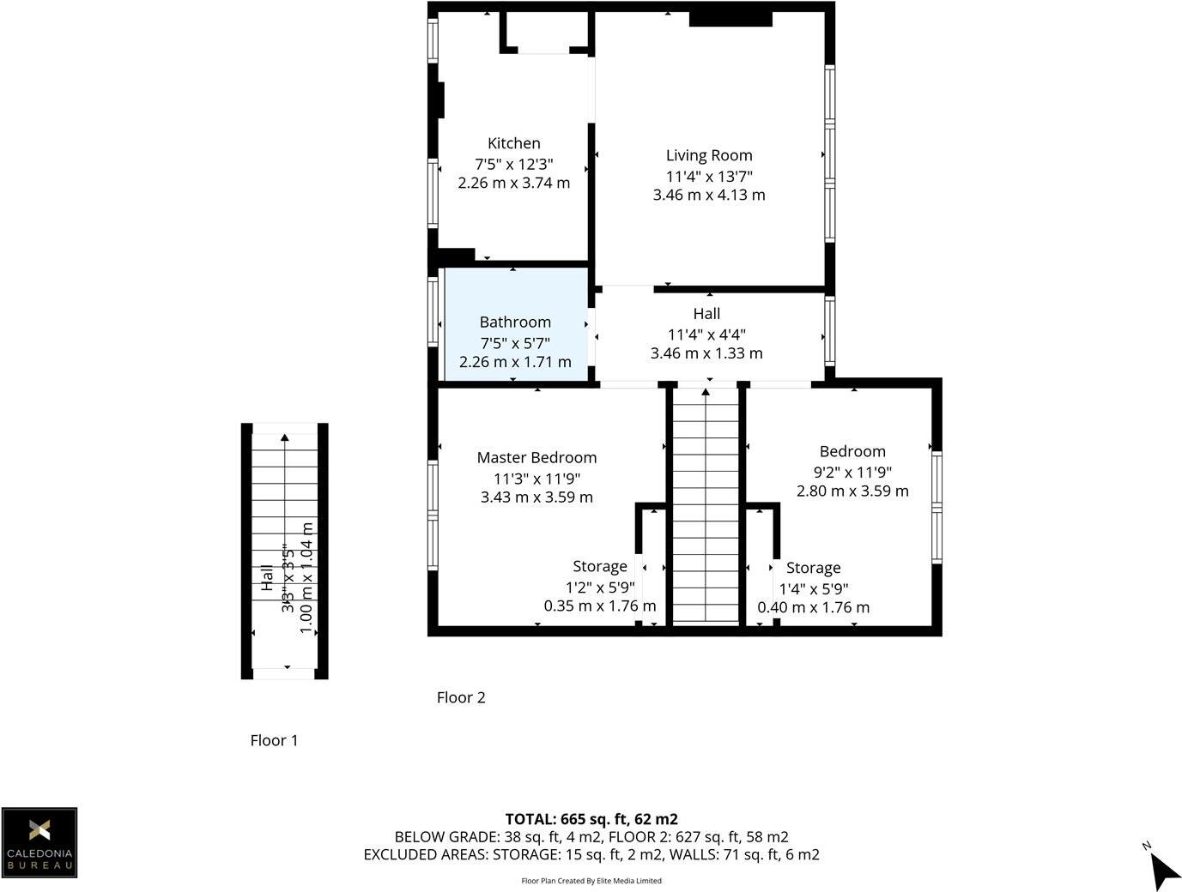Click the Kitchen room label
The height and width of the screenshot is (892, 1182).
click(513, 143)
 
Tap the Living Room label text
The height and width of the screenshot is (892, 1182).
click(709, 155)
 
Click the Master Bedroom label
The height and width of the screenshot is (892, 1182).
click(536, 458)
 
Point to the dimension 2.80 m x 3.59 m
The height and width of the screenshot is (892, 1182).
click(852, 491)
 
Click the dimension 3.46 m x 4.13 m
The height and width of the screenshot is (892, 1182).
click(709, 195)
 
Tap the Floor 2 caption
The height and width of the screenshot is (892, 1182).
click(461, 697)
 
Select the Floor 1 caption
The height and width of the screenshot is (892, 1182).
click(274, 740)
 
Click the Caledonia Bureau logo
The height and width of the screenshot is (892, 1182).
click(39, 842)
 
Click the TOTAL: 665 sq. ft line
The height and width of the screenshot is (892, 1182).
click(591, 819)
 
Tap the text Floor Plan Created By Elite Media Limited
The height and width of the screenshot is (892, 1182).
click(591, 881)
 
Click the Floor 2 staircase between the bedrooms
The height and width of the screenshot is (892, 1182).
click(706, 506)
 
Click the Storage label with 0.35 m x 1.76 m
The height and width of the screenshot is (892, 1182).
click(599, 567)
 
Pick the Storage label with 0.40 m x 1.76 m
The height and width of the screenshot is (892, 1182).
click(813, 568)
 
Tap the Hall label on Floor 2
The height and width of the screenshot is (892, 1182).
click(706, 314)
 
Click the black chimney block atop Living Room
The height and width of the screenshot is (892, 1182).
click(730, 18)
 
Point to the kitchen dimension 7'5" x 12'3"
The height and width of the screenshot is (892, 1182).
click(513, 163)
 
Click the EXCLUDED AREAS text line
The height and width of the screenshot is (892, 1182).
click(591, 854)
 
